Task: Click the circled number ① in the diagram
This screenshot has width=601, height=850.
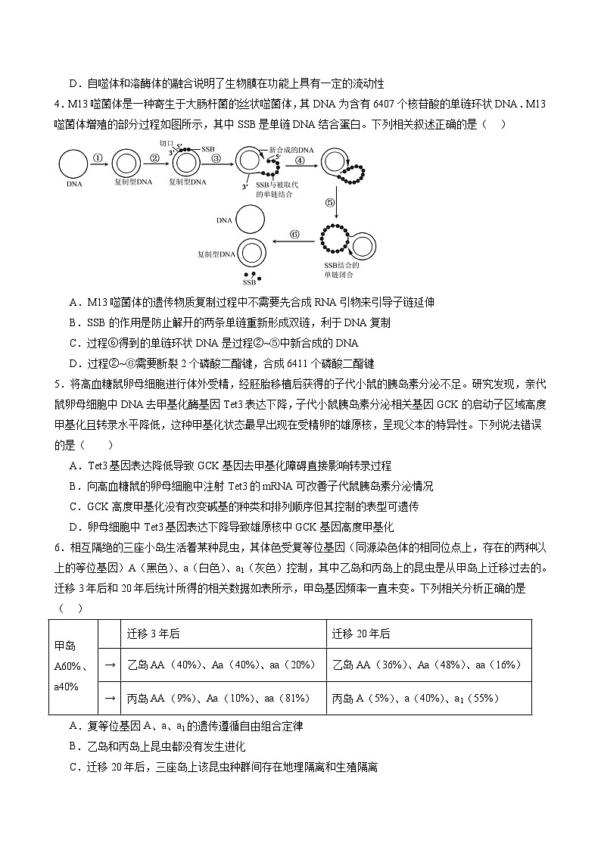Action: pos(98,158)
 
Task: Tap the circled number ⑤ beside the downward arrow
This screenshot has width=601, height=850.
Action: pos(329,202)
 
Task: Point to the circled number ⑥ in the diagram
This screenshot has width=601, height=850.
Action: pos(295,234)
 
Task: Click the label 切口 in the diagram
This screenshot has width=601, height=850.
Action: pos(167,143)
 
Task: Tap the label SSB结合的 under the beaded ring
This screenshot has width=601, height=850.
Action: pos(341,265)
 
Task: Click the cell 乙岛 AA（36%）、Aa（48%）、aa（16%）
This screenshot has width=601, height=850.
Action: pos(428,665)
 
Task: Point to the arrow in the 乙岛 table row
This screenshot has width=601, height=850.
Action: pos(109,665)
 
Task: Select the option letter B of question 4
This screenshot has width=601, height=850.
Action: pos(73,322)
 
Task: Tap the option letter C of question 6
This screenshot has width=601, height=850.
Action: pos(73,767)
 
